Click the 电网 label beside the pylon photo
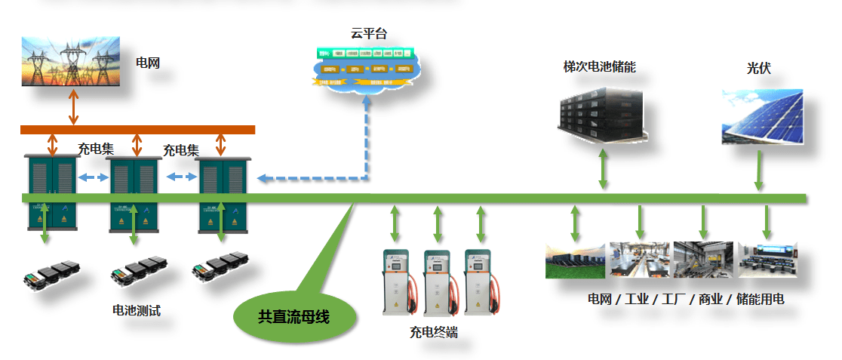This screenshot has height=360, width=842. pos(148,63)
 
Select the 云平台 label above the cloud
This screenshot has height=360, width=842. pos(368,33)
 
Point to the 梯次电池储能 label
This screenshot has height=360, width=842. pos(599,67)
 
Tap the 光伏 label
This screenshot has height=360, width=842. pos(758,69)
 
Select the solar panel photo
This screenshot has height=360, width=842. pos(762,117)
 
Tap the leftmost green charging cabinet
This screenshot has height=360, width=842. pos(51,192)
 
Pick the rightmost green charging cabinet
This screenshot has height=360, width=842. pos(223,192)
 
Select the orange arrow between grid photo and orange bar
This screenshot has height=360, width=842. pos(73,106)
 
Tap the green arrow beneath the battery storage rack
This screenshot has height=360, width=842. pos(604,170)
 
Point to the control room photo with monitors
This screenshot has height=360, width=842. pos(767,260)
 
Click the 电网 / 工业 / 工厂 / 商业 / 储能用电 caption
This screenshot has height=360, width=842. pos(686,300)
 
